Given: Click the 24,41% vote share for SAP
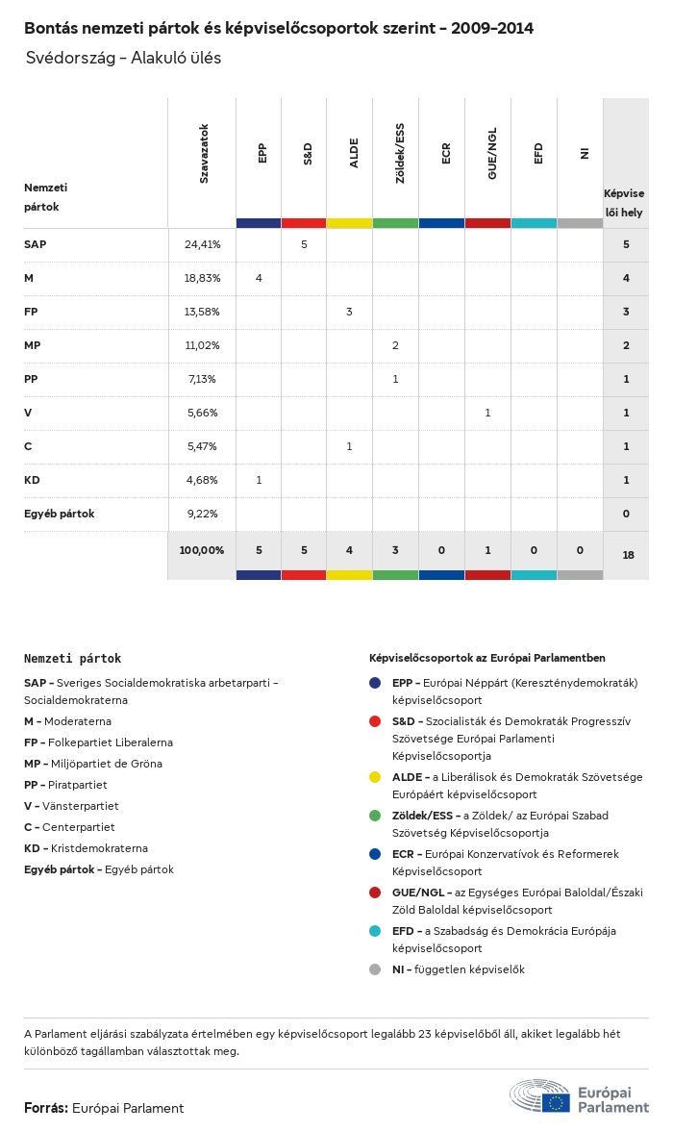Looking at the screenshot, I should point(203,244).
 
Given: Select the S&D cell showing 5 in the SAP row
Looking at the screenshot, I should point(304,244).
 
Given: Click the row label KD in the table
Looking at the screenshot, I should point(32,480).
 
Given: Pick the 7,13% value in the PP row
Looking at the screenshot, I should point(203,379).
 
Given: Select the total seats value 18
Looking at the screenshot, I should point(626,555).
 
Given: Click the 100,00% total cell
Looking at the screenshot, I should point(202,550).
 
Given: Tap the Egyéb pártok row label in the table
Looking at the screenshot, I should point(60,514).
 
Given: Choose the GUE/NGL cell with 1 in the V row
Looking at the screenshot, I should point(487,413).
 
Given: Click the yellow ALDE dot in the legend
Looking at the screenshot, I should point(376,777).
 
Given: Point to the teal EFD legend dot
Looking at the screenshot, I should point(376,931).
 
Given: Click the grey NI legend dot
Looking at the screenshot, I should point(376,969).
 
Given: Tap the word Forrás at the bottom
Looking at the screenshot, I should point(45,1108).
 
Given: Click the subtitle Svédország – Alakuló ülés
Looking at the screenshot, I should point(124,58).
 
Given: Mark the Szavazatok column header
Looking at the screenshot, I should point(204,154).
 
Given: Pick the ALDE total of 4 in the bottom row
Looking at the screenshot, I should point(350,550).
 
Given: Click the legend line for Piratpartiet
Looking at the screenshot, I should point(65,785).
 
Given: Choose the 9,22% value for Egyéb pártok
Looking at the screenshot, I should point(203,514).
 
